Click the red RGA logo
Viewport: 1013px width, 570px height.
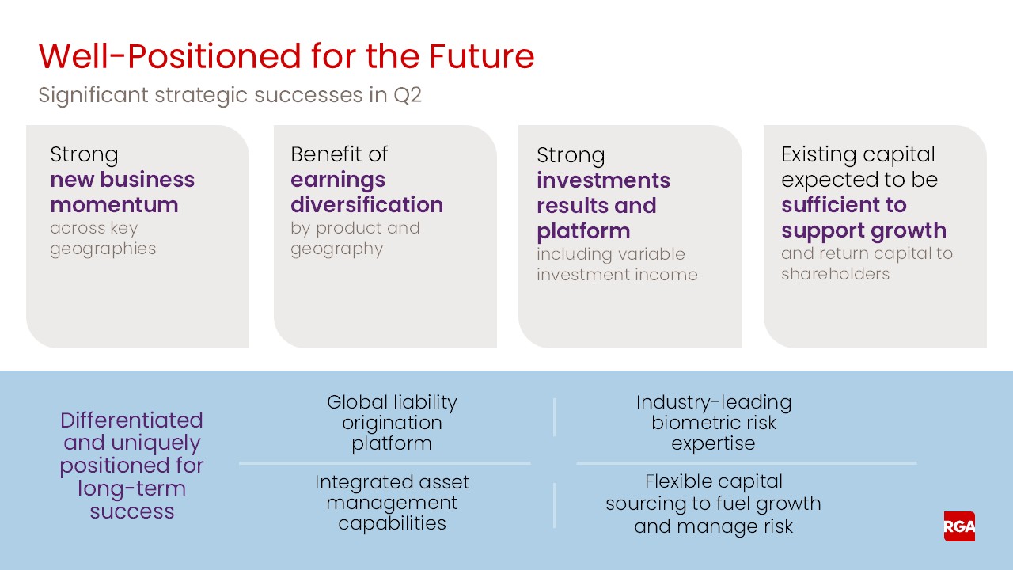click(959, 526)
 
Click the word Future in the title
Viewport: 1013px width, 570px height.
click(481, 57)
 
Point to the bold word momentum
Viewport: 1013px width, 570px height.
click(114, 205)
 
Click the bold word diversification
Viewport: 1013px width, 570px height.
click(366, 205)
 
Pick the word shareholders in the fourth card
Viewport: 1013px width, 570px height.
click(835, 274)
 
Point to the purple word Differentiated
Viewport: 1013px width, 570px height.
click(131, 420)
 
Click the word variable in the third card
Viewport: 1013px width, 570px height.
click(646, 254)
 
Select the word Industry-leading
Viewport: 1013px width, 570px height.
click(714, 402)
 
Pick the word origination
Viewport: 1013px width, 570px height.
click(392, 423)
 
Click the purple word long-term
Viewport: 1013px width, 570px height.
click(131, 488)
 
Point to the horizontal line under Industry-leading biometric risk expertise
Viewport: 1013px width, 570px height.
click(746, 463)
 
